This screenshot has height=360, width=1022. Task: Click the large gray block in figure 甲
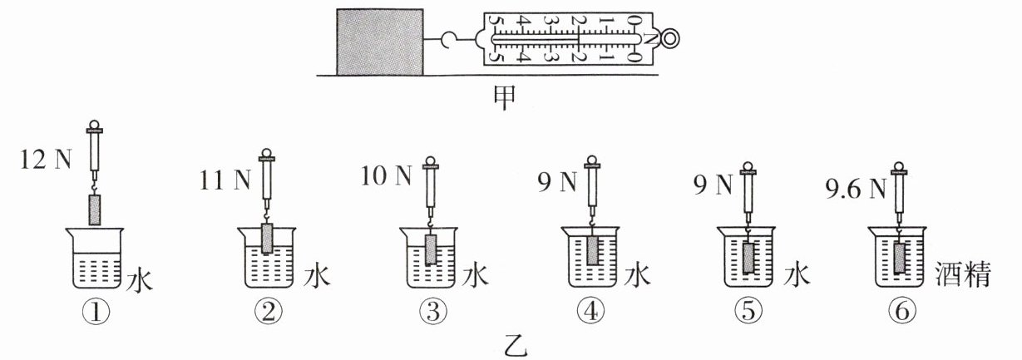pos(378,41)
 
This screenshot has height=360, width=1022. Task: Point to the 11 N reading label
pos(225,178)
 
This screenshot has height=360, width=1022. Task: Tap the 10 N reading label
pos(388,176)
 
